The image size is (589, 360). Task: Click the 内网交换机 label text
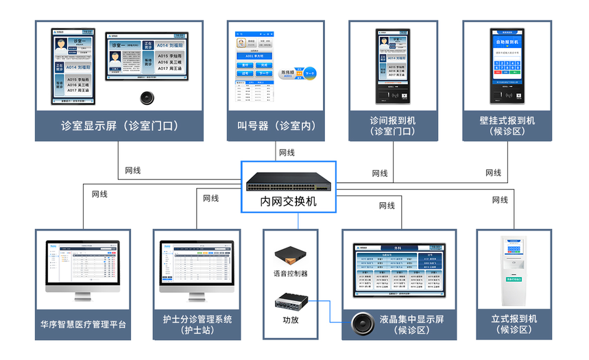pos(289,202)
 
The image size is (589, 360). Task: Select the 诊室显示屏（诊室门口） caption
pos(119,125)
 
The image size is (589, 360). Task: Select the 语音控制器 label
pos(290,274)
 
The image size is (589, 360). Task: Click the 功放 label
pos(290,319)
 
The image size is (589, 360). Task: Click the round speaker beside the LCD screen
pos(362,322)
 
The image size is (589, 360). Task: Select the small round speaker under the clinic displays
pos(146,97)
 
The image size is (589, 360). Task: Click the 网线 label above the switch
pos(287,152)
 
